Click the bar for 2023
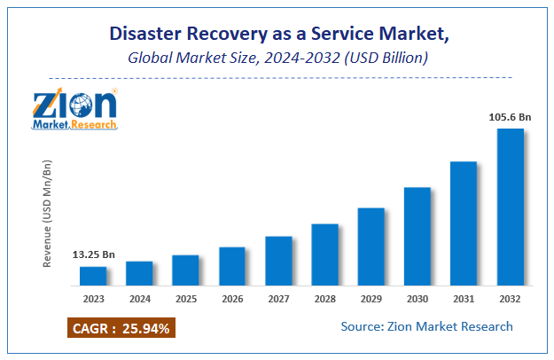click(x=93, y=276)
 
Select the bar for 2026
click(x=232, y=266)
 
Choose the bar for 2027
click(x=278, y=261)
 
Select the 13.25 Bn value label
click(x=93, y=255)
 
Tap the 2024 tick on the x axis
click(x=139, y=300)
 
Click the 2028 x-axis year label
click(x=324, y=300)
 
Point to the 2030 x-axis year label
click(x=417, y=300)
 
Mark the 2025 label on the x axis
click(x=185, y=300)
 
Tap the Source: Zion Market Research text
click(x=426, y=326)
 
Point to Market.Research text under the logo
click(x=74, y=125)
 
